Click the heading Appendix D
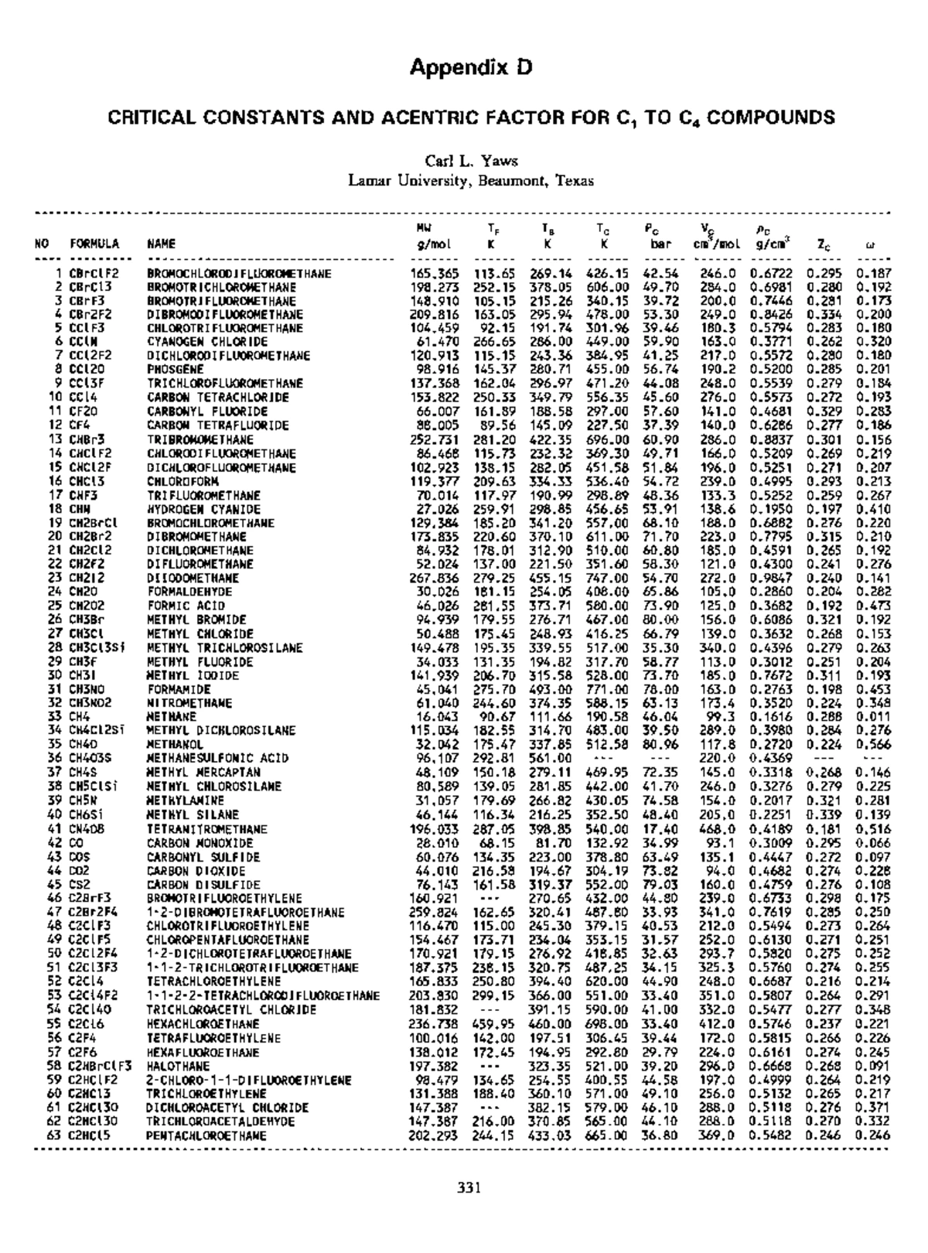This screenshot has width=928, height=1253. pyautogui.click(x=471, y=67)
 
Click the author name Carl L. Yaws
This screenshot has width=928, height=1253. pyautogui.click(x=471, y=161)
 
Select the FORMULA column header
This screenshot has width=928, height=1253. pyautogui.click(x=94, y=244)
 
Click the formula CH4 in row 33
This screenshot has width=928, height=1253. pyautogui.click(x=80, y=717)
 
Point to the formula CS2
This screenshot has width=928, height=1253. pyautogui.click(x=80, y=885)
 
